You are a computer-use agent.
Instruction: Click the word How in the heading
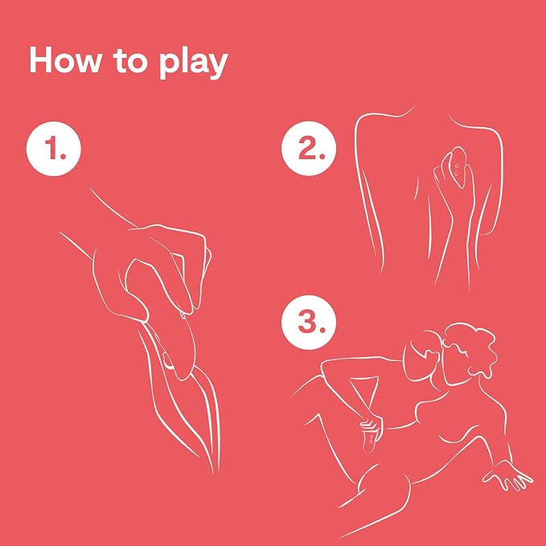tap(65, 60)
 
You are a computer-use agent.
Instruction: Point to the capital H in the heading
tap(41, 60)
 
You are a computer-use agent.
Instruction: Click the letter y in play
tap(217, 66)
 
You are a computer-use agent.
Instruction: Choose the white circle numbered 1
tap(54, 149)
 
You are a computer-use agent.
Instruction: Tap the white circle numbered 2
tap(309, 149)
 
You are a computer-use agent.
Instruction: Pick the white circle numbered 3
tap(309, 322)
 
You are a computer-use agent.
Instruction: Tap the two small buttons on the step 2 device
tap(457, 171)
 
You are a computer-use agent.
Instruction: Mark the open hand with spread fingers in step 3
tap(507, 474)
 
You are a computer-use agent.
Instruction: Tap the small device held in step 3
tap(370, 439)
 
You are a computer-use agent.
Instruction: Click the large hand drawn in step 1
tap(150, 272)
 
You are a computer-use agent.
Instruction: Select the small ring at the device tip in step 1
tap(168, 361)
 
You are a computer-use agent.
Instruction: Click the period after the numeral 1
tap(63, 156)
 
